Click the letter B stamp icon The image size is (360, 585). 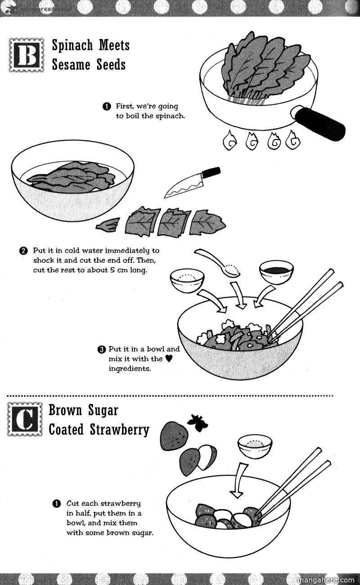[x=27, y=55]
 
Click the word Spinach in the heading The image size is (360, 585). [x=72, y=45]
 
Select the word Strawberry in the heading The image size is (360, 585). [x=119, y=430]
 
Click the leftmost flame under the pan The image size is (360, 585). [x=229, y=141]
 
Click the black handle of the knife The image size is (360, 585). [x=211, y=172]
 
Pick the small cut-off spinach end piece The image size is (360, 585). [x=108, y=225]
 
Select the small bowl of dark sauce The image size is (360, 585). [x=276, y=272]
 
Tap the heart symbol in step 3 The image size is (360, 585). [x=169, y=359]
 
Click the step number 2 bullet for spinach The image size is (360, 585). [x=23, y=251]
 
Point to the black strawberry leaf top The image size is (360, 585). [x=198, y=422]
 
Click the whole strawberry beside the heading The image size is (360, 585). [x=174, y=436]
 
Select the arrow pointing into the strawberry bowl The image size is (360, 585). [x=238, y=480]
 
